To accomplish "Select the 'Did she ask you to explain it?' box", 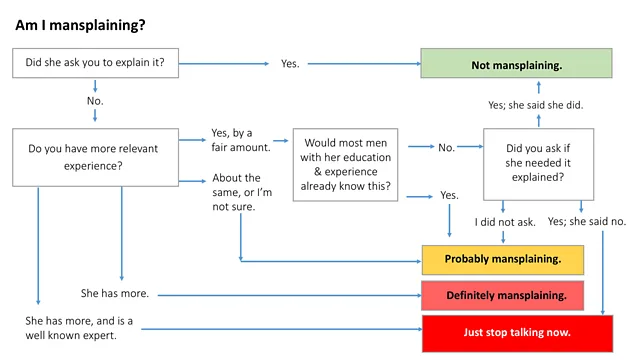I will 95,63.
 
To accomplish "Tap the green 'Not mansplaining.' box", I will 516,64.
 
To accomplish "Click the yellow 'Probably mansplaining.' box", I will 502,259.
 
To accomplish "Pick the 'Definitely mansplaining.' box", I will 502,295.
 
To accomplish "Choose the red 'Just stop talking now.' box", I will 516,331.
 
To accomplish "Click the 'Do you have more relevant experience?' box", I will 95,158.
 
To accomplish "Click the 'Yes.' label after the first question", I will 290,64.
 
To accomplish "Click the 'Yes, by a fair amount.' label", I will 240,140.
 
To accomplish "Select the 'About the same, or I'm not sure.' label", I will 240,192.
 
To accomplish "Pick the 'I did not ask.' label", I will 506,221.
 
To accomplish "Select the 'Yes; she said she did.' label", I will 535,105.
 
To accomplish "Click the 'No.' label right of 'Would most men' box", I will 446,148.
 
